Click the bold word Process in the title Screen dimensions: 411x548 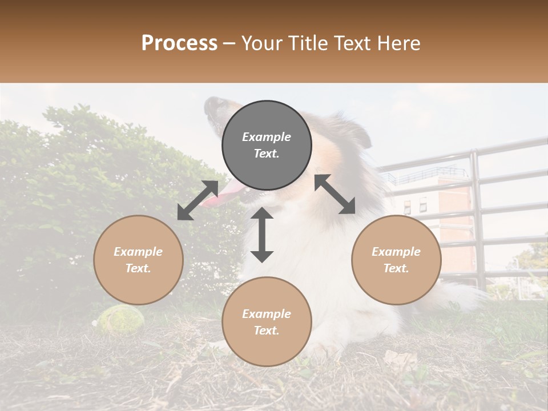(x=179, y=43)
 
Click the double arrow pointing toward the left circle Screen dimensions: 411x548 (x=198, y=200)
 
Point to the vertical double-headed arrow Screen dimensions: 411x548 (x=262, y=235)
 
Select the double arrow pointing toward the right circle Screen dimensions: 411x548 (x=335, y=194)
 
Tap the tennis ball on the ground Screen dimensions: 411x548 (x=115, y=318)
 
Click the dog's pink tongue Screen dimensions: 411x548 (x=219, y=197)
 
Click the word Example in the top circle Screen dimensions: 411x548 (x=267, y=137)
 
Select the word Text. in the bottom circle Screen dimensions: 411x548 (x=267, y=331)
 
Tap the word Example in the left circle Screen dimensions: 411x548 (x=138, y=252)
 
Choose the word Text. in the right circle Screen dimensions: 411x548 (x=396, y=268)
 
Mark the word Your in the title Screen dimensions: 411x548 (x=261, y=43)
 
